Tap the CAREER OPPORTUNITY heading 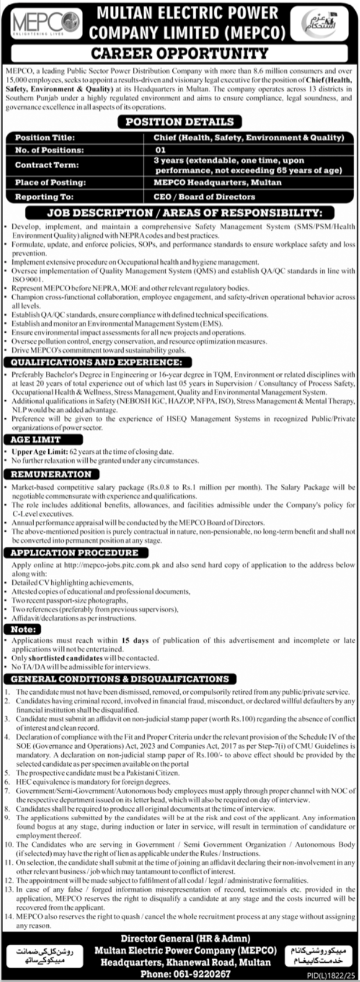tap(180, 54)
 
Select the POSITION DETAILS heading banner tap(180, 122)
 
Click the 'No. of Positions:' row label tap(49, 150)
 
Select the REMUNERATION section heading tap(51, 474)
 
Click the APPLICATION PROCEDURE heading tap(74, 553)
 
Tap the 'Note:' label tap(23, 629)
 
